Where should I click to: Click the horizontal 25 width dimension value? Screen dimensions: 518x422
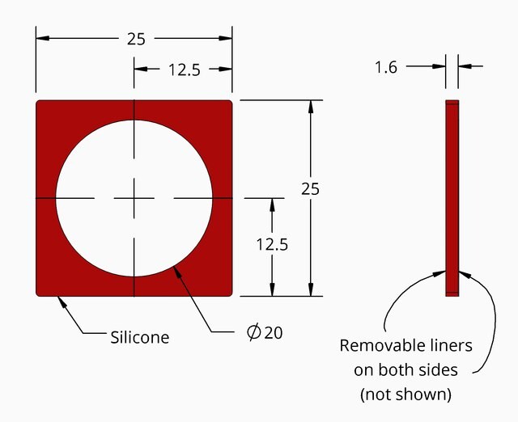coord(136,39)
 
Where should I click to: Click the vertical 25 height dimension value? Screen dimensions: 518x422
coord(310,189)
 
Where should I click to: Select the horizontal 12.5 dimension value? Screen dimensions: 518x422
coord(185,70)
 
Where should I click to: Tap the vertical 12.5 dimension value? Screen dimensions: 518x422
coord(272,244)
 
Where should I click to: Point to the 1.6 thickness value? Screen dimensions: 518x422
coord(386,67)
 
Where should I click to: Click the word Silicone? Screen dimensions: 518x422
coord(140,337)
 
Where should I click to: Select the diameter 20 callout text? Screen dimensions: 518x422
coord(265,332)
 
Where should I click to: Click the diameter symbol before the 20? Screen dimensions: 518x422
coord(253,332)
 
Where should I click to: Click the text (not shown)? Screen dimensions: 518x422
coord(406,395)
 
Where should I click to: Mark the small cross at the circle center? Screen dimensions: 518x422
coord(134,198)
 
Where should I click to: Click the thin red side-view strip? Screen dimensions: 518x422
coord(452,198)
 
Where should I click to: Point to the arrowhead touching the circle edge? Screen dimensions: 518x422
coord(177,272)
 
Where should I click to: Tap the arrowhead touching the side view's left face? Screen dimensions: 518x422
coord(439,273)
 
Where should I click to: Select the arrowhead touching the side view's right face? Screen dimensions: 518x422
coord(465,274)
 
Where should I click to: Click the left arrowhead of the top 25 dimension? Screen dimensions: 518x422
coord(43,38)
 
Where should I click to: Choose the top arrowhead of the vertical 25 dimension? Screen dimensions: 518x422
coord(311,107)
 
